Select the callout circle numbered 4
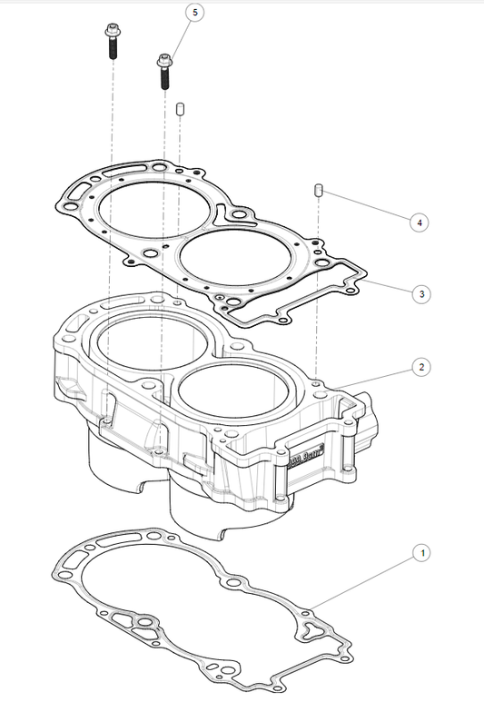tap(419, 222)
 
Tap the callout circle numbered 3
tap(419, 294)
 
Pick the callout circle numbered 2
tap(419, 367)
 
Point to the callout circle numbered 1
tap(419, 552)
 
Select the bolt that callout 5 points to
tap(164, 71)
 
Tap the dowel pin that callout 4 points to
tap(319, 190)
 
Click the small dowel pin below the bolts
tap(180, 109)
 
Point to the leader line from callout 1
tap(363, 580)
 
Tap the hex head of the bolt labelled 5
tap(164, 60)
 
